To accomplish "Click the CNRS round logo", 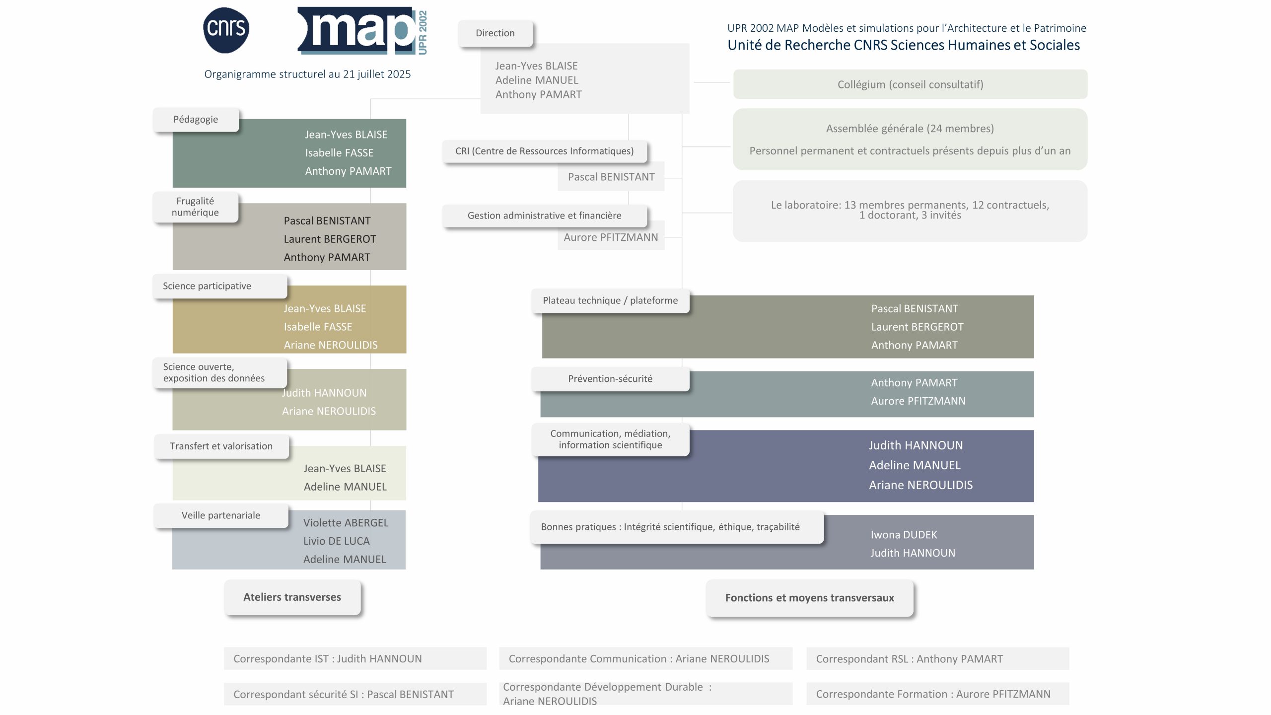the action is [x=226, y=30].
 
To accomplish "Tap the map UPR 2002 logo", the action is [x=362, y=30].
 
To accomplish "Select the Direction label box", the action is [x=495, y=33].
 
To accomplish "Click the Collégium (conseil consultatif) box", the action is [x=910, y=84].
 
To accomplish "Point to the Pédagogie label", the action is [x=196, y=120].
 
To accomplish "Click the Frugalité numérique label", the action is [x=195, y=207].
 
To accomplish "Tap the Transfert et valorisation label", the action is [x=221, y=446].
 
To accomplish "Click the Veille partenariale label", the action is [x=221, y=515].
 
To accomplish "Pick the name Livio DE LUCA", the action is [x=337, y=541].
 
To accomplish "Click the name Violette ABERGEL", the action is [x=346, y=523].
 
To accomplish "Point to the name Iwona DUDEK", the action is [x=904, y=535].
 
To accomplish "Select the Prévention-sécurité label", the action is [x=610, y=379].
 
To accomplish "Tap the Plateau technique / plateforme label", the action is [x=610, y=301].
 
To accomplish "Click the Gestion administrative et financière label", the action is [x=545, y=216].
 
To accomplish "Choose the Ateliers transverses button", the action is [x=292, y=597].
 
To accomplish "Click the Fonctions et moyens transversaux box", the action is [x=810, y=598].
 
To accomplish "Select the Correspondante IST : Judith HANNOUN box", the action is [x=355, y=658].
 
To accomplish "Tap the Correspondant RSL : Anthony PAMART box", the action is [x=938, y=658].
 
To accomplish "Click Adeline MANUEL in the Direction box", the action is [x=537, y=80].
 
